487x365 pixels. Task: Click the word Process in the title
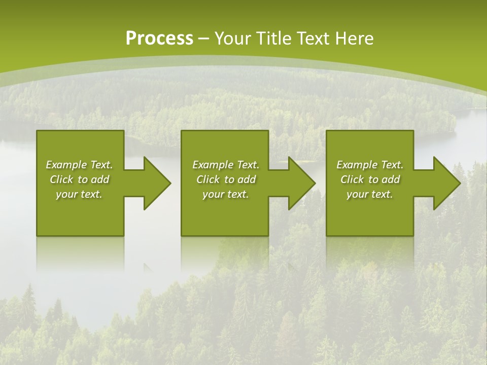pyautogui.click(x=159, y=39)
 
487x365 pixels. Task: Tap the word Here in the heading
pyautogui.click(x=355, y=39)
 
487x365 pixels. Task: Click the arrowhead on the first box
pyautogui.click(x=155, y=183)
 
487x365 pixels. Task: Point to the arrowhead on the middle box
pyautogui.click(x=300, y=183)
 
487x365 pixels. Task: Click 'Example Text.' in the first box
pyautogui.click(x=79, y=165)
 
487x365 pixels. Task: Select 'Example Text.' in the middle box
pyautogui.click(x=225, y=165)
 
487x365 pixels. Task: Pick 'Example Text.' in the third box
pyautogui.click(x=370, y=165)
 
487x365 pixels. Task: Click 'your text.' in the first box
pyautogui.click(x=79, y=194)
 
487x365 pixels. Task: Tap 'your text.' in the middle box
pyautogui.click(x=225, y=194)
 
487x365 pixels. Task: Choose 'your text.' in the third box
pyautogui.click(x=370, y=194)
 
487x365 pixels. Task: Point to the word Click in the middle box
pyautogui.click(x=208, y=179)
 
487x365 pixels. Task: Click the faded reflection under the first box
pyautogui.click(x=80, y=253)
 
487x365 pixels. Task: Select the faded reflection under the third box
pyautogui.click(x=370, y=253)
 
